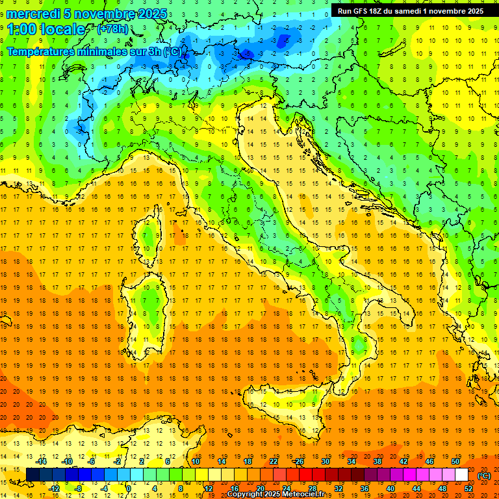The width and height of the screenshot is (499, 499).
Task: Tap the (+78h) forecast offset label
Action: coord(112,29)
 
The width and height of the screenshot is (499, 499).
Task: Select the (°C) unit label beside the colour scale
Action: coord(484,476)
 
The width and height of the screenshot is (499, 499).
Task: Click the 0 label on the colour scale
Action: coord(129,489)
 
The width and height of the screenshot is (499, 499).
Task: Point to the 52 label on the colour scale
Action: coord(468,489)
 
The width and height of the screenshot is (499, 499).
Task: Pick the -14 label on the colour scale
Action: coord(41,461)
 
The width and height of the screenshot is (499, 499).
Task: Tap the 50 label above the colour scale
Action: coord(455,461)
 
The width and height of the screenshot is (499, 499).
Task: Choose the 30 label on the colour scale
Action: coord(325,461)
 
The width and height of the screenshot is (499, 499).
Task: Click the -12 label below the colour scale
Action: coord(54,489)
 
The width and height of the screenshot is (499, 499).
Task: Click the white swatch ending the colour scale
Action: coord(461,475)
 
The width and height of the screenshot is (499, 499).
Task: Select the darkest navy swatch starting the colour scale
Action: coord(32,475)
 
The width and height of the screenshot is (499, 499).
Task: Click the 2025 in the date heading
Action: coord(152,14)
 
